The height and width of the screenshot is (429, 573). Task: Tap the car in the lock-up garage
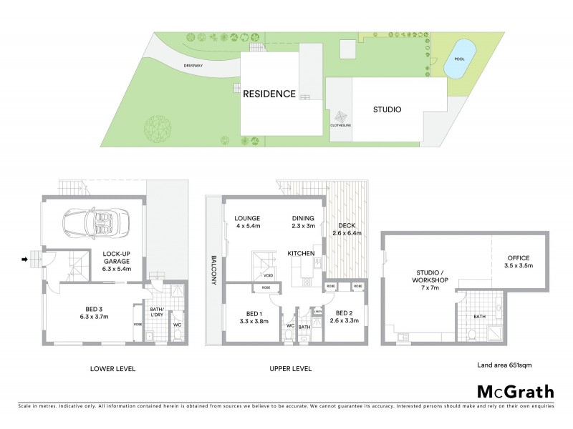(95, 222)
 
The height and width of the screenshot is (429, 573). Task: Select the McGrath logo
(515, 391)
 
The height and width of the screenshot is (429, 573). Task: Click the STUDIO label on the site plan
(387, 110)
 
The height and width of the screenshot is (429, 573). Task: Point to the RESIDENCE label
(269, 94)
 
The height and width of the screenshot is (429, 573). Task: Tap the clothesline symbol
(340, 118)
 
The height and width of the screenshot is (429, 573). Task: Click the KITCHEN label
(301, 254)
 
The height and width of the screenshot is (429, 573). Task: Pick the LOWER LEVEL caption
(112, 369)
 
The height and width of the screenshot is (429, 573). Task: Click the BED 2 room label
(345, 312)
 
